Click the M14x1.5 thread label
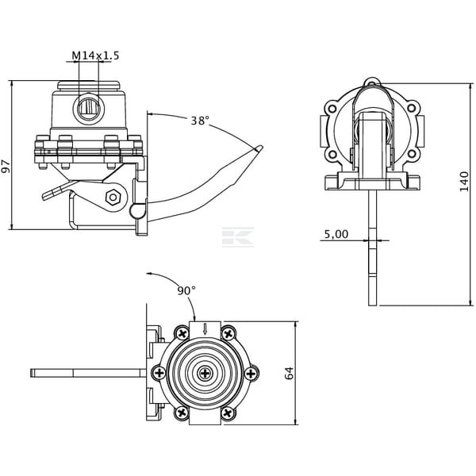click(95, 56)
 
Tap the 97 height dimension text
click(6, 166)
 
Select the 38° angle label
click(200, 121)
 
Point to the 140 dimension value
click(464, 181)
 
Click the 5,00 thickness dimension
click(336, 234)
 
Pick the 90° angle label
click(186, 290)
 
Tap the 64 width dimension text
click(290, 373)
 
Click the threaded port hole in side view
click(89, 109)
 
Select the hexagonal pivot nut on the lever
click(113, 198)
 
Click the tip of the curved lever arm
click(260, 148)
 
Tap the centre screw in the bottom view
click(205, 373)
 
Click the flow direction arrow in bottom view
click(205, 329)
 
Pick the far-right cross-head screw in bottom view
click(251, 373)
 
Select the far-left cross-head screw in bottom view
click(159, 373)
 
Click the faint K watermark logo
click(238, 236)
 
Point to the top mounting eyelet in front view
click(372, 82)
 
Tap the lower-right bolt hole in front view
click(411, 153)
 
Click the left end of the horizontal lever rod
click(32, 373)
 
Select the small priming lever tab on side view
click(57, 190)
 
